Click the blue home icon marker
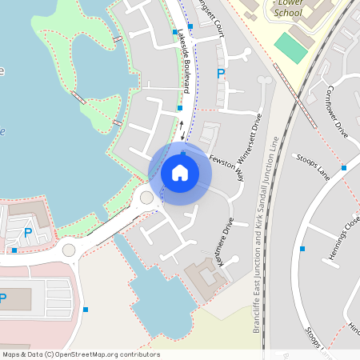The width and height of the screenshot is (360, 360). [x=180, y=173]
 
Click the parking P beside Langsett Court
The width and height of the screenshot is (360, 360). [x=221, y=74]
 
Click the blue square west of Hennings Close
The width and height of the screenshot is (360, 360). [x=302, y=249]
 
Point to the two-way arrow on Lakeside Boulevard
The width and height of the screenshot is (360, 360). [x=182, y=126]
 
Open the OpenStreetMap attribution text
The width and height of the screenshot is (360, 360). [x=81, y=354]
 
